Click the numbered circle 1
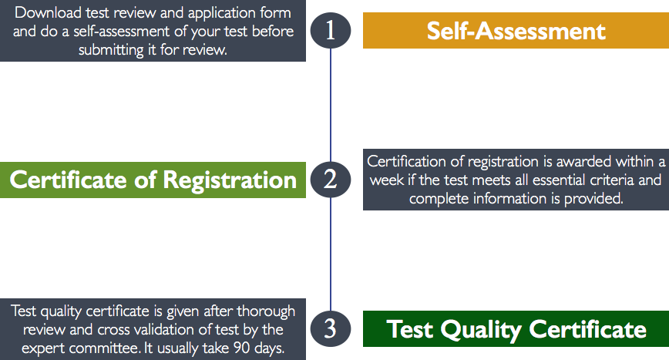click(x=331, y=30)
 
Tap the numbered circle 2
click(x=331, y=180)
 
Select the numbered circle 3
click(x=331, y=329)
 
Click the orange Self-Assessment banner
click(x=516, y=30)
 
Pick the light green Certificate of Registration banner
click(x=153, y=180)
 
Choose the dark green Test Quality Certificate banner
click(x=516, y=329)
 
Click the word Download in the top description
click(x=48, y=12)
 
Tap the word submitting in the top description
click(x=111, y=50)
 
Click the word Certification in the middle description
click(x=407, y=161)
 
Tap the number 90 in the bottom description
click(x=241, y=348)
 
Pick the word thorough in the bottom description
click(x=266, y=311)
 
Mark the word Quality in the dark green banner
click(x=481, y=330)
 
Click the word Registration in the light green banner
click(x=230, y=180)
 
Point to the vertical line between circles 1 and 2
click(x=331, y=105)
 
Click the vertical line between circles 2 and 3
click(x=331, y=254)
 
